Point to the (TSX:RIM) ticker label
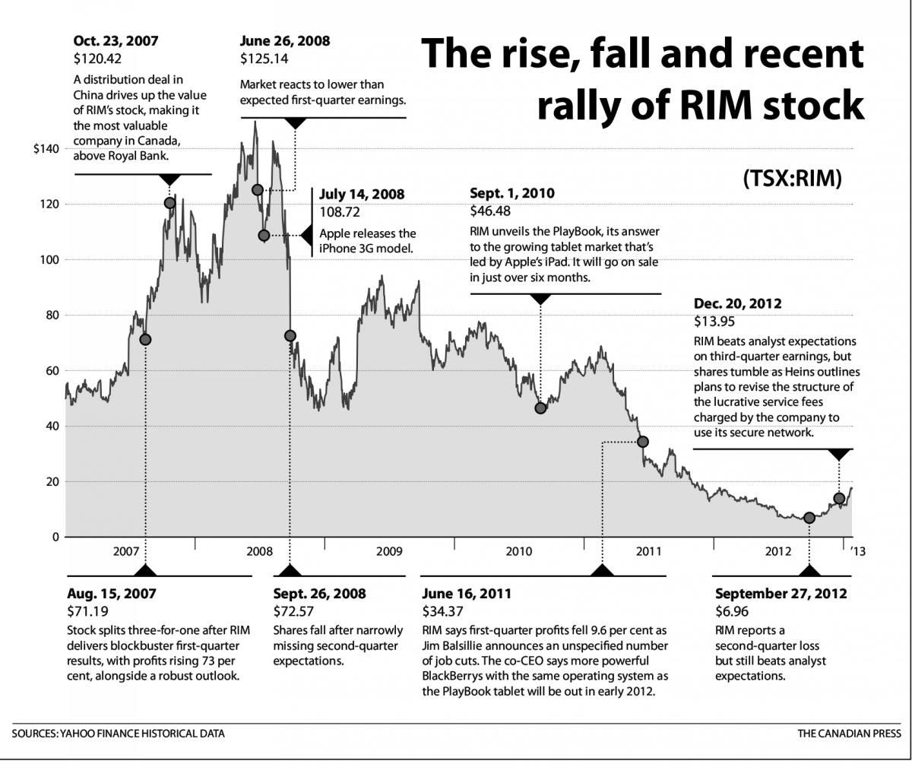pos(793,178)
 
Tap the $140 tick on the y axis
pos(46,149)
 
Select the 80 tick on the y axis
pos(51,315)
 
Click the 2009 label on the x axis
pos(388,551)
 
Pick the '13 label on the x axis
pos(857,551)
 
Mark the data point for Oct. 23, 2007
pos(169,203)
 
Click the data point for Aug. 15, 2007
pos(145,339)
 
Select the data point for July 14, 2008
pos(264,236)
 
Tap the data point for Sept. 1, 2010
pos(540,408)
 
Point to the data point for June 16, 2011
pos(643,442)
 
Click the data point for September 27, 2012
pos(809,518)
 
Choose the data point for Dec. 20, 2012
pos(839,499)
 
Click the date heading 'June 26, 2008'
pos(285,41)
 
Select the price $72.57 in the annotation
pos(293,611)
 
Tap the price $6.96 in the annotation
pos(732,611)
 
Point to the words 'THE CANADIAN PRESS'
pos(849,734)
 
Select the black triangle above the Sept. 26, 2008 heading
pos(290,570)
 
